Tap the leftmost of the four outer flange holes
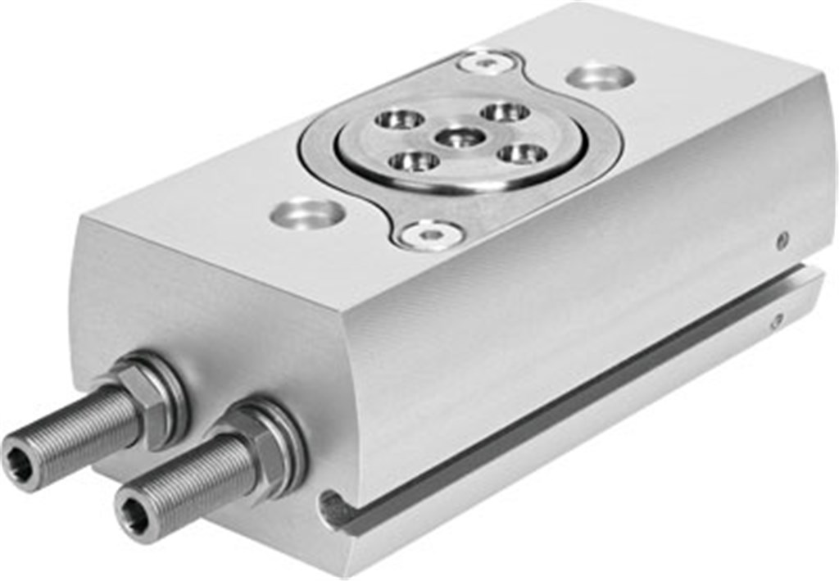[394, 119]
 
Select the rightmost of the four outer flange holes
[522, 153]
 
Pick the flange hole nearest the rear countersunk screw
[504, 111]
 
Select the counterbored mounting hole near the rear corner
[601, 77]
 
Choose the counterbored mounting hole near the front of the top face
[306, 213]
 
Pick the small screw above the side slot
[783, 240]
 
